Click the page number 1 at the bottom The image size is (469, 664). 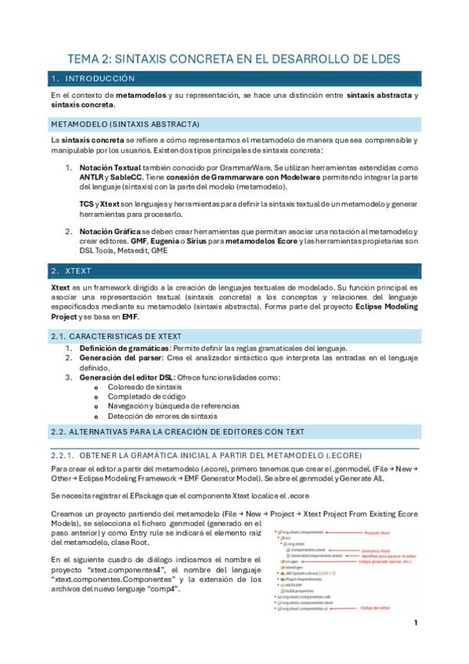(x=416, y=623)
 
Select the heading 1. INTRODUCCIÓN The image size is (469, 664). (x=92, y=79)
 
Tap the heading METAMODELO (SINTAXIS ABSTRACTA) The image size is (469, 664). (x=125, y=124)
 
